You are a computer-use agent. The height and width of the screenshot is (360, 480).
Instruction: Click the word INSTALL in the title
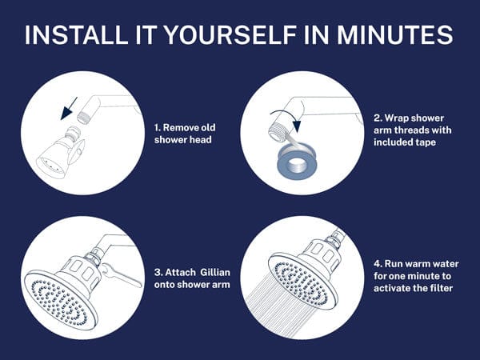point(76,34)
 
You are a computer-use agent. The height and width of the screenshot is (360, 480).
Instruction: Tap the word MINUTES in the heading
point(394,34)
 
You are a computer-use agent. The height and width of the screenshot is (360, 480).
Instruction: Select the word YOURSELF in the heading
point(231,34)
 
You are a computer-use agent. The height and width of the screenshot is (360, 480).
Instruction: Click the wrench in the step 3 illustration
point(121,274)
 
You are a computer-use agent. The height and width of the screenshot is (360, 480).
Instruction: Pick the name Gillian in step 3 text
point(215,272)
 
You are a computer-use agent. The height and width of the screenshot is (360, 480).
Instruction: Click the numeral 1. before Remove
point(158,127)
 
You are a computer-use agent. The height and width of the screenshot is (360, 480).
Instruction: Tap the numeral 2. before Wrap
point(378,118)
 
